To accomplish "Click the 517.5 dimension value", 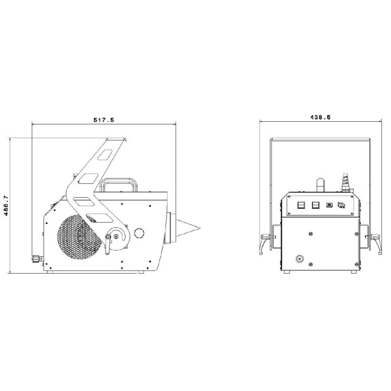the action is [103, 120].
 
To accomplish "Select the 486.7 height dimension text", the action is [6, 206].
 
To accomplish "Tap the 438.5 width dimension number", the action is [320, 117].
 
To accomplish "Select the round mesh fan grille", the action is [79, 236].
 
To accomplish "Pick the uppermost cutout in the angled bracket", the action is [105, 155].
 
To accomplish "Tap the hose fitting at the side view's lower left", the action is [37, 259].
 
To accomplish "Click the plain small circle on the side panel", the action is [139, 233].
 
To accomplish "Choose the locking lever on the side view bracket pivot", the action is [108, 244].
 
